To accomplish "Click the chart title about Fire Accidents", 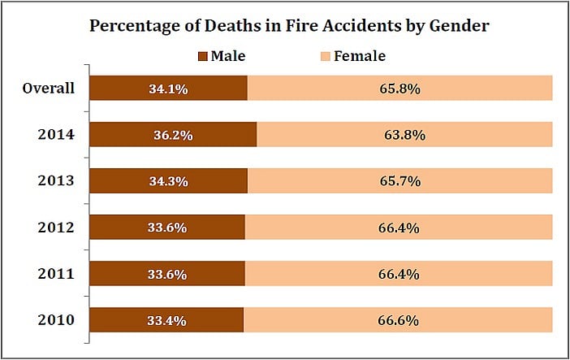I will (x=289, y=25).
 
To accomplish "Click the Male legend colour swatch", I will (x=202, y=57).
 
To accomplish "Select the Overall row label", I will (x=49, y=89).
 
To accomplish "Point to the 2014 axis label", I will (x=56, y=135).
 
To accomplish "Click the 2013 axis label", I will (x=56, y=181).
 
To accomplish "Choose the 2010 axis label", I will (x=56, y=320).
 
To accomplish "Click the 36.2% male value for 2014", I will (x=173, y=136).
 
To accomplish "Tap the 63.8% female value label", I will (x=404, y=136).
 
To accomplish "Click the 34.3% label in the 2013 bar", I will (x=168, y=182).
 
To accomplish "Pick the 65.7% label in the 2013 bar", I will (x=399, y=182).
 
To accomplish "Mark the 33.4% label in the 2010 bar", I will (x=166, y=321).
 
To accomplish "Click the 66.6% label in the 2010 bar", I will (x=398, y=321).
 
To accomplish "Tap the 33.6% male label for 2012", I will (x=166, y=228).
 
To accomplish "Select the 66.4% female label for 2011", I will (x=399, y=275).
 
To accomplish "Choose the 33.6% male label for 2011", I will (x=166, y=275).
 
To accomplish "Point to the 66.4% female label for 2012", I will (x=399, y=228).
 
